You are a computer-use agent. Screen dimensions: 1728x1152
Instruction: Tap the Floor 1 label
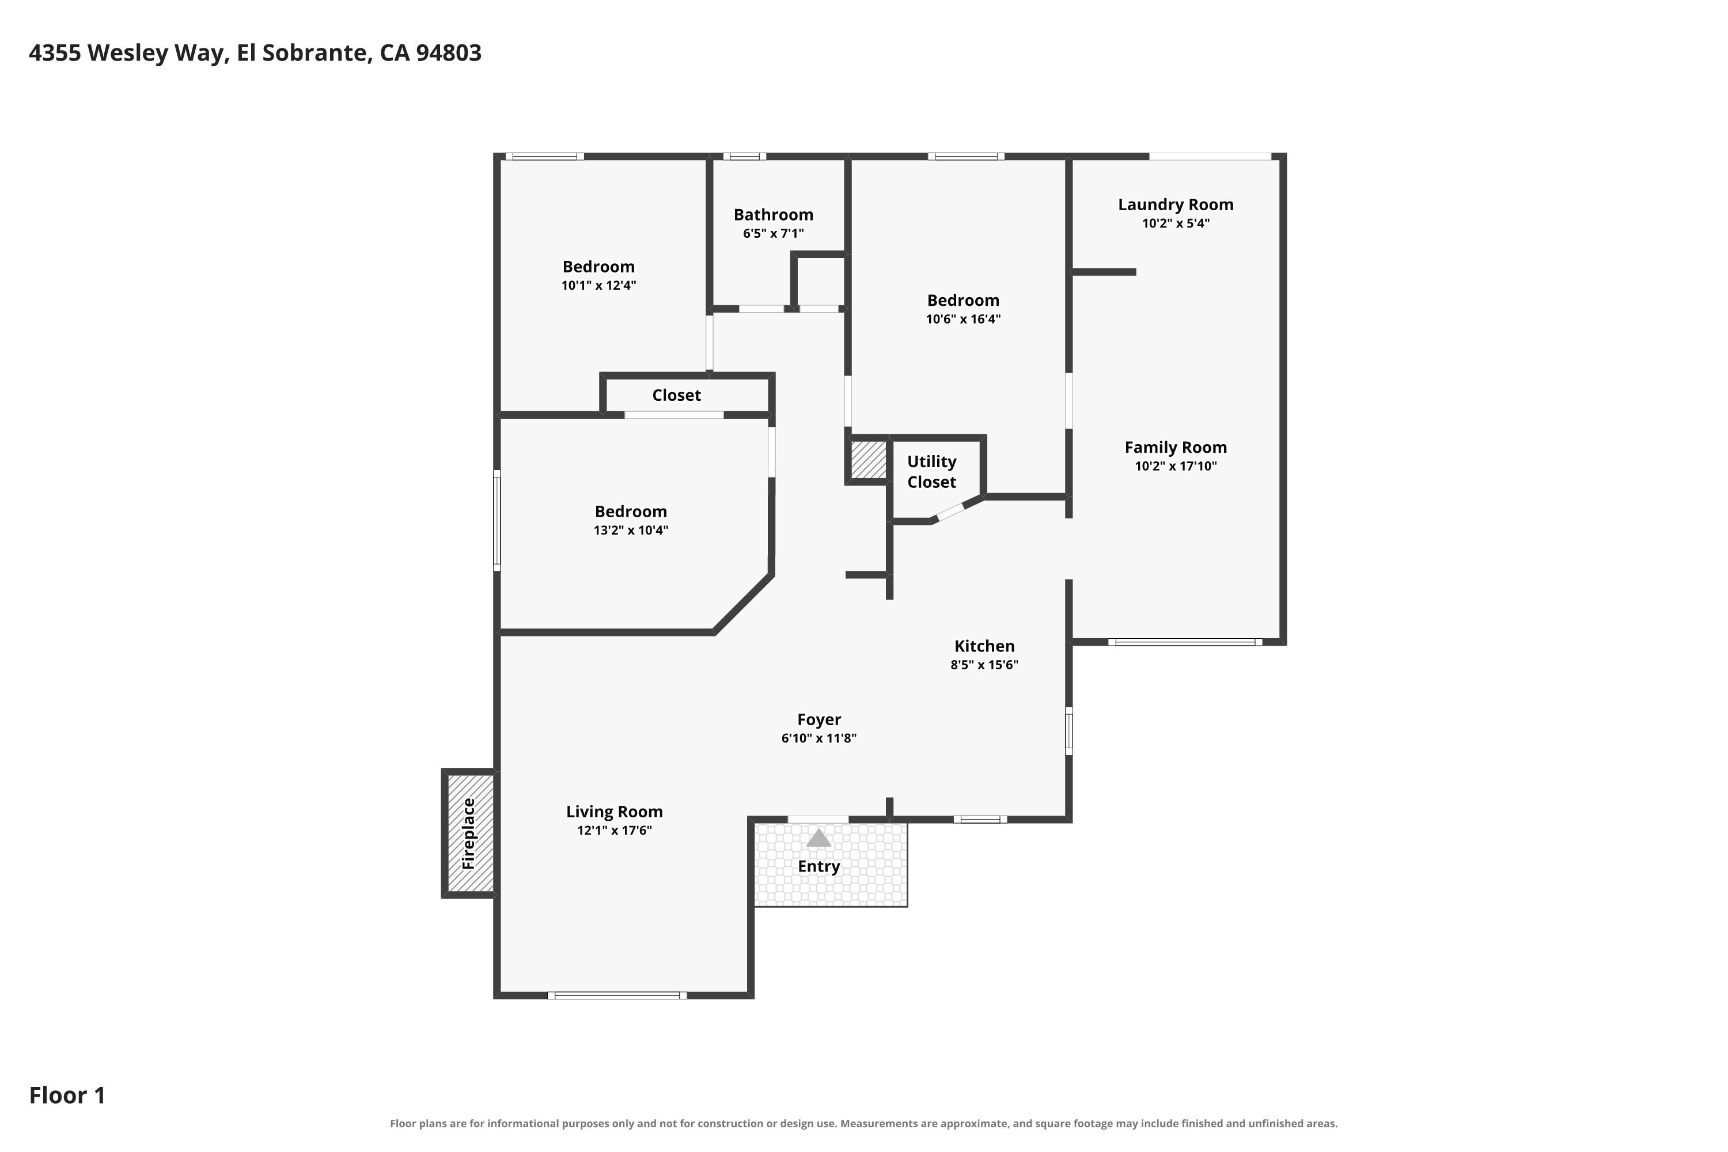click(x=67, y=1096)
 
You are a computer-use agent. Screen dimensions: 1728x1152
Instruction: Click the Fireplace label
click(x=468, y=834)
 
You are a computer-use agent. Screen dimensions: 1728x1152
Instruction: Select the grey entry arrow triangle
click(x=818, y=838)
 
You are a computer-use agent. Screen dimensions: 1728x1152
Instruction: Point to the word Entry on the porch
click(x=818, y=867)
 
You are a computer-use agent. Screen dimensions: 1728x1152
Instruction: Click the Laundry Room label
click(x=1176, y=205)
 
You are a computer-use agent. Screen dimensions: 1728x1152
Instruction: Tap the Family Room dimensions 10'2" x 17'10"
click(x=1176, y=466)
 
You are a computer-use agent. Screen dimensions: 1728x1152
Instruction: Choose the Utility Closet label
click(x=931, y=472)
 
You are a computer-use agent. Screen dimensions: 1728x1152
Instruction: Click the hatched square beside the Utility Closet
click(x=869, y=459)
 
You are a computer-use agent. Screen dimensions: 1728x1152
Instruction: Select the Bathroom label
click(x=774, y=214)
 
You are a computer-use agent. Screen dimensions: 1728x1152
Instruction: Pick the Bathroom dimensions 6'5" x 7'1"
click(x=774, y=234)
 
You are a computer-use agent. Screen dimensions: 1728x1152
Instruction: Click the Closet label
click(x=677, y=395)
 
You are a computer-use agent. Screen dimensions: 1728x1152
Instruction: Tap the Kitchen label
click(x=984, y=646)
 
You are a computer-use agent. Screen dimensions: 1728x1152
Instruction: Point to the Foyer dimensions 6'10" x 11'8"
click(x=819, y=738)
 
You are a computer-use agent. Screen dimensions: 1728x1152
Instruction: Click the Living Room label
click(x=614, y=812)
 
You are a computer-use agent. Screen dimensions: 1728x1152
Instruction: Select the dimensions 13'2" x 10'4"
click(x=631, y=530)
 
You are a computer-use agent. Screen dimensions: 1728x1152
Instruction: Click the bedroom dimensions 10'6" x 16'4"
click(x=963, y=319)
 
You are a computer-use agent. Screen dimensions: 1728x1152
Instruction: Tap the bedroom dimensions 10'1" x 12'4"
click(x=599, y=285)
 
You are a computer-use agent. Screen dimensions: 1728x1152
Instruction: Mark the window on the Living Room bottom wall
click(x=617, y=995)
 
